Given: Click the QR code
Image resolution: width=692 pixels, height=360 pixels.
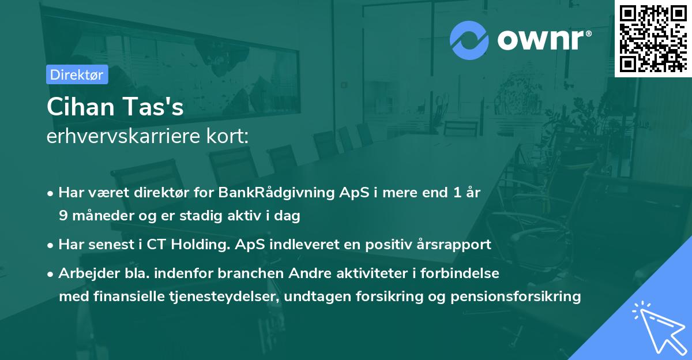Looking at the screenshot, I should coord(653,38).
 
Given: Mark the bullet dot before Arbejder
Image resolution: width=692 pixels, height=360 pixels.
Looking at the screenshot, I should coord(51,273).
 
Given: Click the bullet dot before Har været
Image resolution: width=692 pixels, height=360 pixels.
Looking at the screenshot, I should coord(51,193).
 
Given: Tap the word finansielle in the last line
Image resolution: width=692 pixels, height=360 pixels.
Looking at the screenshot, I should coord(122,297).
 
